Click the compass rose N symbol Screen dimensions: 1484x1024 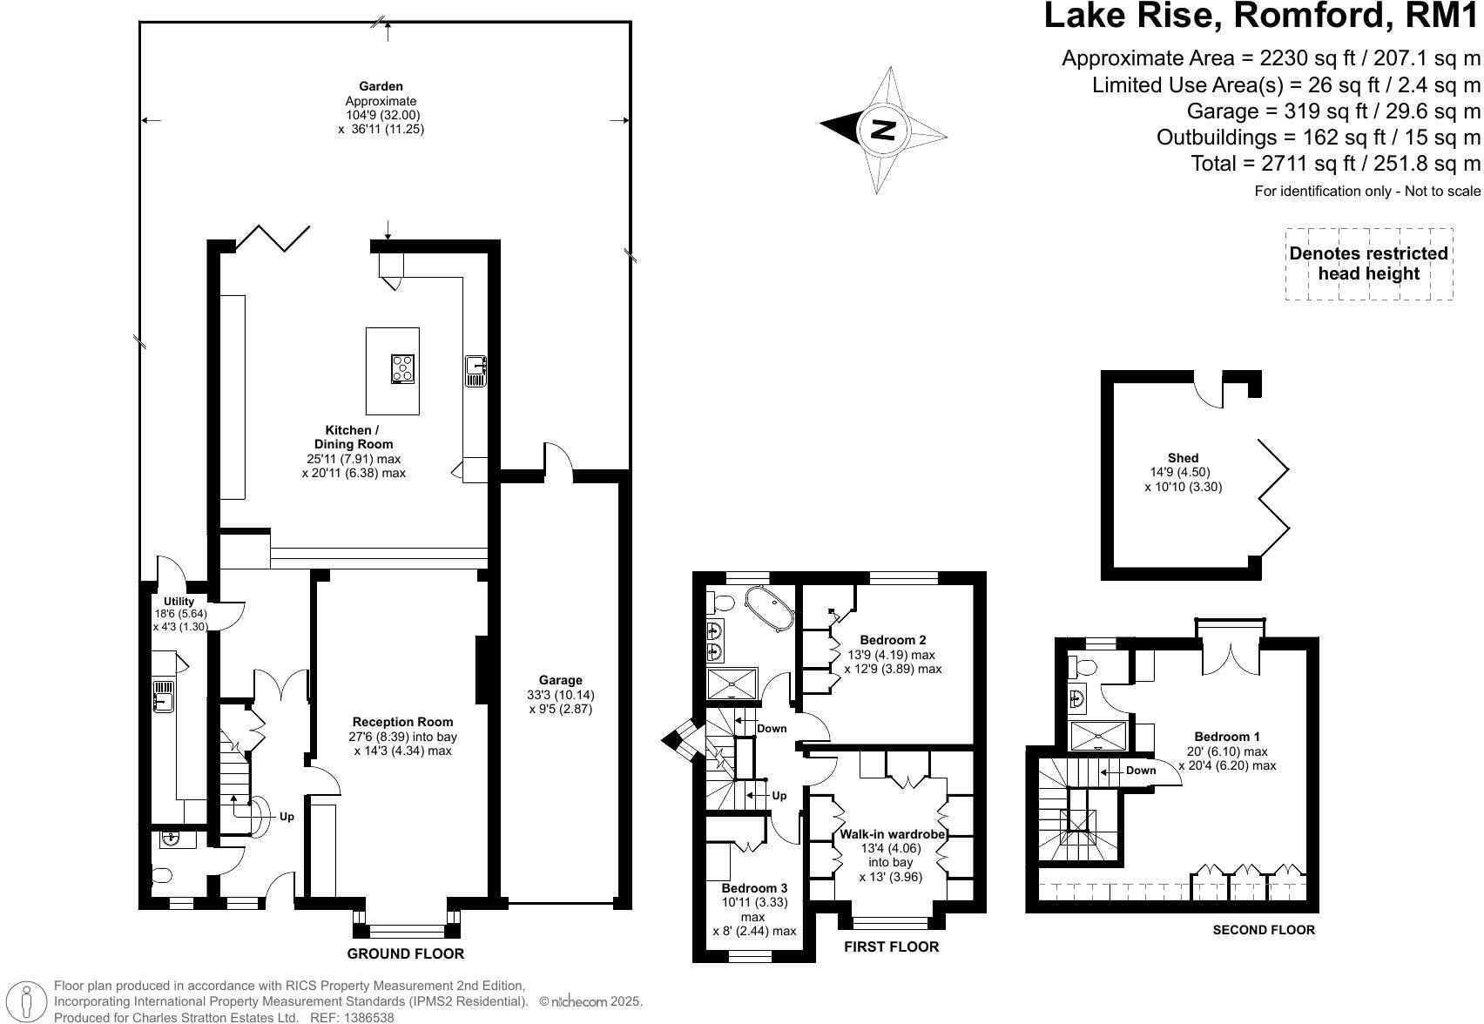click(884, 130)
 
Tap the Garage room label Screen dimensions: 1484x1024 click(560, 680)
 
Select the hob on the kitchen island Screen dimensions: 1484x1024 click(403, 368)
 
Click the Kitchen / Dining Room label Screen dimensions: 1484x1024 click(353, 437)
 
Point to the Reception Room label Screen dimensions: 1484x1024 click(402, 722)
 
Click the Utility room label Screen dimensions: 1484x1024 click(179, 602)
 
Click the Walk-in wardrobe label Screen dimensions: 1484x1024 click(892, 834)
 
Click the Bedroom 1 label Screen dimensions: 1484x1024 click(1226, 737)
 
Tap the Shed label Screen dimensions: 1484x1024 click(1183, 458)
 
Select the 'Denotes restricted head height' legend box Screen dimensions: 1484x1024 click(1368, 264)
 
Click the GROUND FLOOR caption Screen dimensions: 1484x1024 click(406, 953)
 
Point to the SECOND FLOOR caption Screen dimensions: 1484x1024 click(1264, 930)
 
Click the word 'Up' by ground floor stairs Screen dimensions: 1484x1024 click(287, 817)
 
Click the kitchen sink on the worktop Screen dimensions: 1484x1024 click(476, 370)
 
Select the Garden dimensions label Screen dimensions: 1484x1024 click(381, 107)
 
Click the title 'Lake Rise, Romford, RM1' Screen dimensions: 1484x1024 click(1262, 17)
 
